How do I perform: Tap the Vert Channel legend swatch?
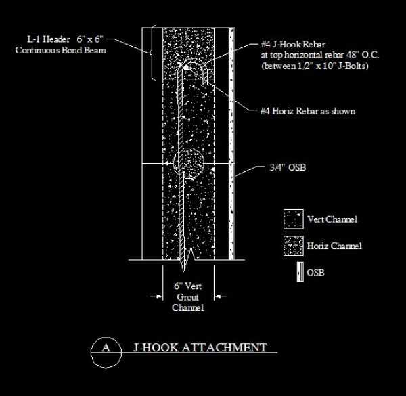(x=292, y=219)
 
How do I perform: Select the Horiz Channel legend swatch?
(x=292, y=246)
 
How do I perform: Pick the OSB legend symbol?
(x=298, y=273)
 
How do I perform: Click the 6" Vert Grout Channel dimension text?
(x=188, y=296)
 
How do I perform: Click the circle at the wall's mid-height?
(x=189, y=164)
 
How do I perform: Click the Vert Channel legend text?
(x=332, y=219)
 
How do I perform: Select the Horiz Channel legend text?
(x=334, y=246)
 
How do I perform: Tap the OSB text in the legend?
(x=317, y=273)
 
